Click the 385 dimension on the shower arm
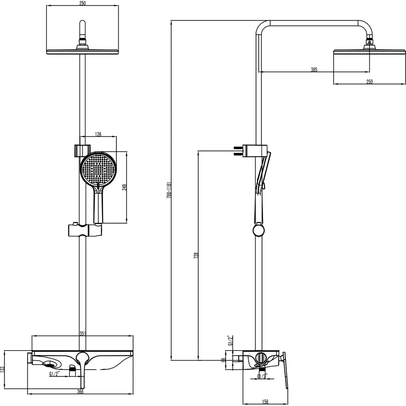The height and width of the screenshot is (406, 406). pyautogui.click(x=314, y=70)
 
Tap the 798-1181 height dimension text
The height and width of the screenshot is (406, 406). pyautogui.click(x=169, y=190)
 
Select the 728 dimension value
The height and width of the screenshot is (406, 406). pyautogui.click(x=196, y=255)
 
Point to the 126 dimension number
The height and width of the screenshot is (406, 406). pyautogui.click(x=98, y=134)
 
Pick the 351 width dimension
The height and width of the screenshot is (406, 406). pyautogui.click(x=82, y=333)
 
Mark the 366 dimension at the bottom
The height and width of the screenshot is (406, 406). pyautogui.click(x=80, y=392)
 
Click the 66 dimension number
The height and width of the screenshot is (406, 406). pyautogui.click(x=223, y=360)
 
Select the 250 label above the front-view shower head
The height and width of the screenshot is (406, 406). pyautogui.click(x=82, y=3)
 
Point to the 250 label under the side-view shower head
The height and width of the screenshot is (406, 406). pyautogui.click(x=369, y=82)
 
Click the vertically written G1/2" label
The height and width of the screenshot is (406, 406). pyautogui.click(x=231, y=340)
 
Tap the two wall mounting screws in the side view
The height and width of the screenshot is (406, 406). pyautogui.click(x=237, y=150)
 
